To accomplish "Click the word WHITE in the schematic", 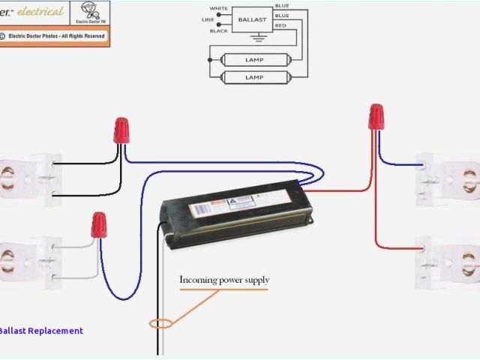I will click(218, 8).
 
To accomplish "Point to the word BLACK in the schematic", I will click(218, 31).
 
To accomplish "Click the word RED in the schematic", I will click(281, 25).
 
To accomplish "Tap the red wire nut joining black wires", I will click(120, 130).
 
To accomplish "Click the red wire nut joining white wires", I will click(98, 224).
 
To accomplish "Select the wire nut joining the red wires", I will click(376, 116).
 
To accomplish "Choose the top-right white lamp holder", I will click(448, 178).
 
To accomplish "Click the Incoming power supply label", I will click(223, 280).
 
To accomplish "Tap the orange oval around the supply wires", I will click(160, 324).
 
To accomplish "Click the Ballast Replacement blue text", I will click(41, 331).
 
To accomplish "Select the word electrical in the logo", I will click(41, 12).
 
